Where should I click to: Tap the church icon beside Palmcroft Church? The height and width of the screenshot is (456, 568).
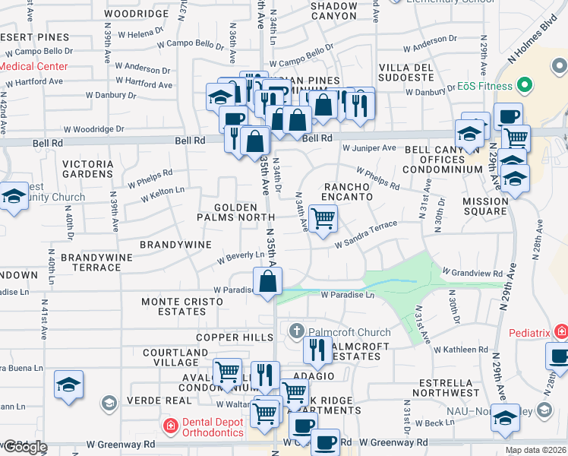[296, 331]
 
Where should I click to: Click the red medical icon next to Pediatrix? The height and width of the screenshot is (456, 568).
[560, 331]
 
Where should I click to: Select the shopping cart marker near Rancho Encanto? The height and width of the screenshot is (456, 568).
[323, 220]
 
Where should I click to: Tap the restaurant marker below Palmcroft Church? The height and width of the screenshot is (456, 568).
[317, 350]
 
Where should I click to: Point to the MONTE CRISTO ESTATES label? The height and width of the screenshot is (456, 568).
[182, 307]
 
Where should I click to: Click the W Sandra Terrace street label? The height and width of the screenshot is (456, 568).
[367, 233]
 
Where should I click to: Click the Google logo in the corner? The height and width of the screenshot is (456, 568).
[25, 446]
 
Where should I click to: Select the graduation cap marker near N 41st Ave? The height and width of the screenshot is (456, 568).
[68, 385]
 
